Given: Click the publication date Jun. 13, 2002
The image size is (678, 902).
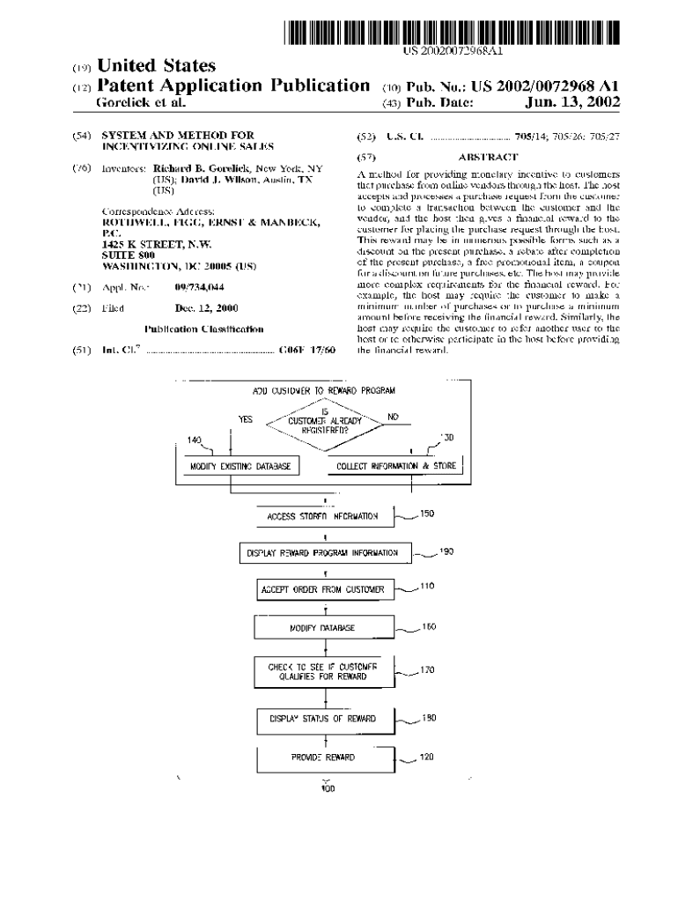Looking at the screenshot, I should pyautogui.click(x=572, y=103).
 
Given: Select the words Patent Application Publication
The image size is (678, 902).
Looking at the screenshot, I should pyautogui.click(x=232, y=85).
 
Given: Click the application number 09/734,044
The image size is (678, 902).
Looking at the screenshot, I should pyautogui.click(x=199, y=288).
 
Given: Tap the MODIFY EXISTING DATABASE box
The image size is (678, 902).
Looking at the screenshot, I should pyautogui.click(x=240, y=466).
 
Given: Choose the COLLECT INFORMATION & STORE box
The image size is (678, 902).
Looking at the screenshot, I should pyautogui.click(x=396, y=466).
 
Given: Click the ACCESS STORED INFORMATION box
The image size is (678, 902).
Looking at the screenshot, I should pyautogui.click(x=323, y=517).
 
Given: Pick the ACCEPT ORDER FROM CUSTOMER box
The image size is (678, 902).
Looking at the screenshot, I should pyautogui.click(x=323, y=589).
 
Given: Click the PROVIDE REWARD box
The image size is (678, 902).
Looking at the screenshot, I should pyautogui.click(x=323, y=758).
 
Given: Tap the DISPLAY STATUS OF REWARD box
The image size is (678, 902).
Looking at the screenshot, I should pyautogui.click(x=323, y=719).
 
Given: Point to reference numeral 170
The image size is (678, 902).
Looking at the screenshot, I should pyautogui.click(x=428, y=670).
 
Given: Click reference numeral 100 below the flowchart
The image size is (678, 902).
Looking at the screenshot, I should pyautogui.click(x=328, y=789).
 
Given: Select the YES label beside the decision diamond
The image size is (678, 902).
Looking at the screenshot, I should pyautogui.click(x=246, y=419).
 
